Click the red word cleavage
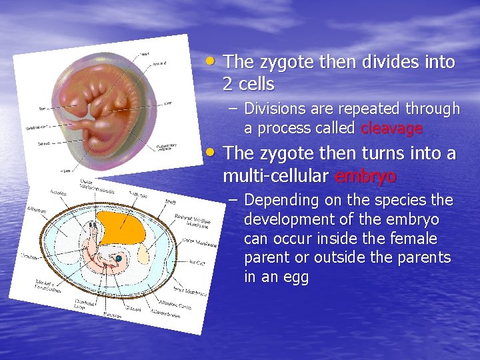click(x=391, y=128)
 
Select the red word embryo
click(x=365, y=177)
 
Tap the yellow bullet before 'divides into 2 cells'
click(x=211, y=61)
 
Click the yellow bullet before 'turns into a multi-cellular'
click(x=211, y=152)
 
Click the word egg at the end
click(x=294, y=277)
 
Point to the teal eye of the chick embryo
click(x=118, y=259)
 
